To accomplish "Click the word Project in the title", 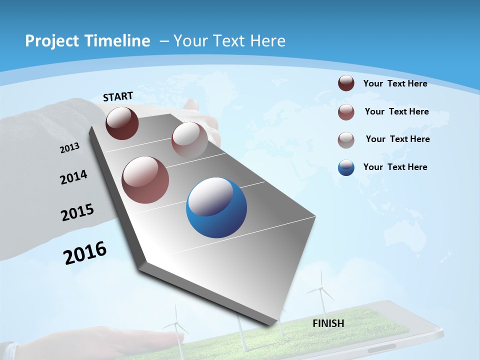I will point(51,41).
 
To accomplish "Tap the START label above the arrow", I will point(118,96).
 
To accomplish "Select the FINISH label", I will point(328,323).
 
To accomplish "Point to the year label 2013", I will point(69,148).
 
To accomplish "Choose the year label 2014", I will point(73,177).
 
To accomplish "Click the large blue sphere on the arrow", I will point(216,207).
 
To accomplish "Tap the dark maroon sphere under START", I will point(122,123).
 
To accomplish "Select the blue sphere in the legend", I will point(346,167).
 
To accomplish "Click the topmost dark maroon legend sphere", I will point(346,83).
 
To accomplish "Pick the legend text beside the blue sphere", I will point(395,167).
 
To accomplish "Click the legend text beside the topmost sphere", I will point(395,83).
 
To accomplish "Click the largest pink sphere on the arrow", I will point(145,180).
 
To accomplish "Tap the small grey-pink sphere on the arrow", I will point(189,139).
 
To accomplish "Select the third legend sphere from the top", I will point(346,140).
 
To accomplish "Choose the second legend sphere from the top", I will point(346,112).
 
